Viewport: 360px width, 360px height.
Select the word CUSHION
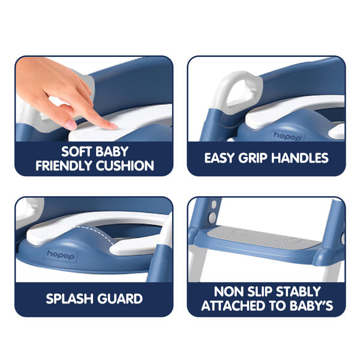coord(127,166)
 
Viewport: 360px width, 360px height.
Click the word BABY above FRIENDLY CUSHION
coord(113,151)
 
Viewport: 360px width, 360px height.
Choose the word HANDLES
coord(302,158)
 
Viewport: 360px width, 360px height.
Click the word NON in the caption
coord(227,292)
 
